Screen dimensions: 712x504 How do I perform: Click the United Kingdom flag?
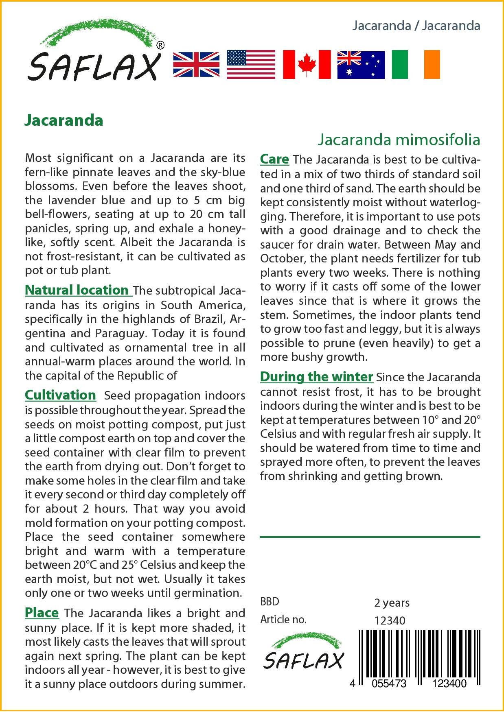click(x=196, y=65)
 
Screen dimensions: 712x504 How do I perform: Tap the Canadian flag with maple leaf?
click(x=307, y=65)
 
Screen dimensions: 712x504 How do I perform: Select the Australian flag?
click(x=361, y=65)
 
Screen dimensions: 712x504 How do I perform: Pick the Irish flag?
click(x=416, y=65)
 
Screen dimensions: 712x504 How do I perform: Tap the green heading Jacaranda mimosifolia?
click(x=399, y=140)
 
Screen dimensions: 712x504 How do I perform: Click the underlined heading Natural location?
click(x=77, y=290)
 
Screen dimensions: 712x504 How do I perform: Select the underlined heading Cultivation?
click(x=60, y=395)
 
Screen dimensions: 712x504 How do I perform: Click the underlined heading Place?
click(x=42, y=613)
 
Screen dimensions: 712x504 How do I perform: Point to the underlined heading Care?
click(x=274, y=159)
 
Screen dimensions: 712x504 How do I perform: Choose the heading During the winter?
click(x=316, y=377)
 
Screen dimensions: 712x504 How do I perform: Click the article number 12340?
click(x=390, y=620)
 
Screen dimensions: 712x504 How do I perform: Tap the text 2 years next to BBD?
click(x=392, y=603)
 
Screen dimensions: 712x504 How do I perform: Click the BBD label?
click(x=270, y=602)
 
